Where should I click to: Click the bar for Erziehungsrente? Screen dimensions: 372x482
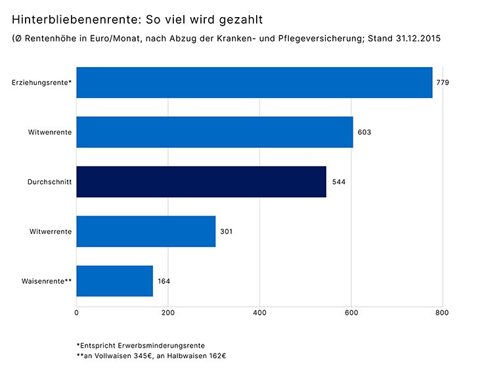pyautogui.click(x=254, y=83)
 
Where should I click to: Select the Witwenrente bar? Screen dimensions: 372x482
pyautogui.click(x=215, y=132)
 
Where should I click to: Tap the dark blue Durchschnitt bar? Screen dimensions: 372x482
pyautogui.click(x=201, y=181)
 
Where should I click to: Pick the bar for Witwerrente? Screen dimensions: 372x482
pyautogui.click(x=146, y=231)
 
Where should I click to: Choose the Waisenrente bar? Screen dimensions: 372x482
pyautogui.click(x=114, y=281)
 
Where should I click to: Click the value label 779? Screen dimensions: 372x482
pyautogui.click(x=443, y=83)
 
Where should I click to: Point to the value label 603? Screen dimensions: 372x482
pyautogui.click(x=364, y=132)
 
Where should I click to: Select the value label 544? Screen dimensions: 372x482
pyautogui.click(x=338, y=182)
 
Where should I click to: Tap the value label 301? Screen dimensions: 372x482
pyautogui.click(x=227, y=231)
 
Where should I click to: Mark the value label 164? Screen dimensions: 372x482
pyautogui.click(x=164, y=281)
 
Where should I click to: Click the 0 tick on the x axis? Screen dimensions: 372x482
pyautogui.click(x=77, y=313)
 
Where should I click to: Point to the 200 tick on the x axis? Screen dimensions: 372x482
pyautogui.click(x=168, y=313)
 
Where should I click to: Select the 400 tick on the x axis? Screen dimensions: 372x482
pyautogui.click(x=260, y=313)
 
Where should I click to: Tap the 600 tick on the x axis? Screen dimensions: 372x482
pyautogui.click(x=351, y=313)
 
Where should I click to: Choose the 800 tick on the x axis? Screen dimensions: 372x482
pyautogui.click(x=442, y=313)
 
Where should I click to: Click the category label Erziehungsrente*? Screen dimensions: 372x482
pyautogui.click(x=42, y=83)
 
